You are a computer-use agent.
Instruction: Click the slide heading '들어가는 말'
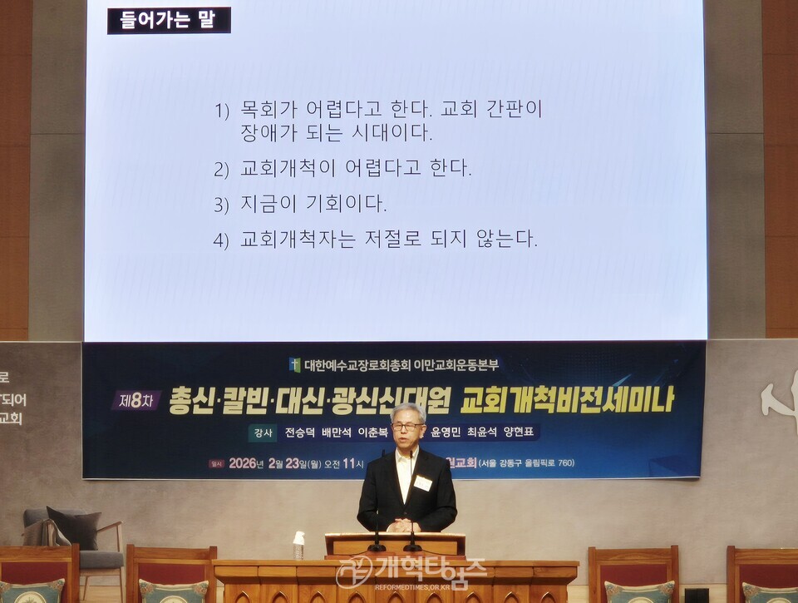pos(169,20)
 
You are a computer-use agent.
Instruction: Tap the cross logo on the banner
pos(294,364)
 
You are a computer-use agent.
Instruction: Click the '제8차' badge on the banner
pos(135,400)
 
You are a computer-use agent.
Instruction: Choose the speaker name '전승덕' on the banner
pos(300,432)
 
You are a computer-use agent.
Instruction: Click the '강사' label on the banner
pos(261,432)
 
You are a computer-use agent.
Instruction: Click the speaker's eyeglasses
pos(407,426)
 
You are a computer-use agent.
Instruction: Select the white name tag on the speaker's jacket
pos(422,483)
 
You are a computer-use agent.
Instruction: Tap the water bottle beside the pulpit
pos(298,546)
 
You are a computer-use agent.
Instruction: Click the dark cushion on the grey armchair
pos(76,526)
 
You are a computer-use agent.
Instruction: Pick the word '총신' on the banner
pos(189,401)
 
